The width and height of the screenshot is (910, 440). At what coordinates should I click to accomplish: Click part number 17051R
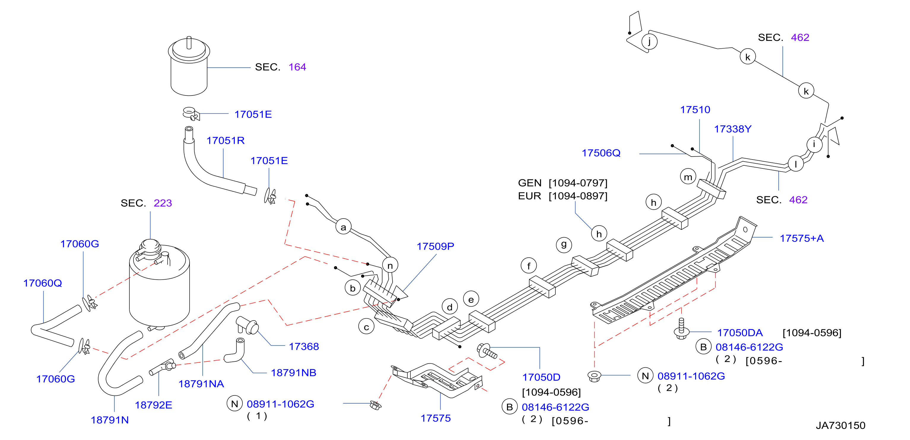(225, 141)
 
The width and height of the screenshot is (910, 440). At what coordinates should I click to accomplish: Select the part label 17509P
(435, 246)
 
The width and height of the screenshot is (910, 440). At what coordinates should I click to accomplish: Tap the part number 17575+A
(801, 238)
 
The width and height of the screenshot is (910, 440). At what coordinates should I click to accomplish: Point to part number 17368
(304, 346)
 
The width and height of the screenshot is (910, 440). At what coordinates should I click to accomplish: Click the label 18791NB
(293, 373)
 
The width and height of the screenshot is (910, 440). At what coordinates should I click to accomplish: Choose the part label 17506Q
(601, 153)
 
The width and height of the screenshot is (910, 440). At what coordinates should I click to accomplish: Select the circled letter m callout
(688, 177)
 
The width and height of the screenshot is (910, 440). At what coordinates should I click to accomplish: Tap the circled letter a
(343, 227)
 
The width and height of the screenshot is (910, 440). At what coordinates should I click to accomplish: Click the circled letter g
(564, 244)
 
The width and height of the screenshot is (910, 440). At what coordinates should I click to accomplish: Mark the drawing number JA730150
(840, 425)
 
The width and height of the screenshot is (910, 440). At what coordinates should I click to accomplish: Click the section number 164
(297, 67)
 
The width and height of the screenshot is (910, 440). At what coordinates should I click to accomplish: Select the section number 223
(163, 203)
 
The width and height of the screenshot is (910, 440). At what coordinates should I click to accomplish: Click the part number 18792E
(154, 405)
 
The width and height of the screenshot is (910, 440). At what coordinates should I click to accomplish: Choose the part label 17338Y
(733, 129)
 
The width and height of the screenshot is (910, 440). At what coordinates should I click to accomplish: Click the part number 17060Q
(43, 283)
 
